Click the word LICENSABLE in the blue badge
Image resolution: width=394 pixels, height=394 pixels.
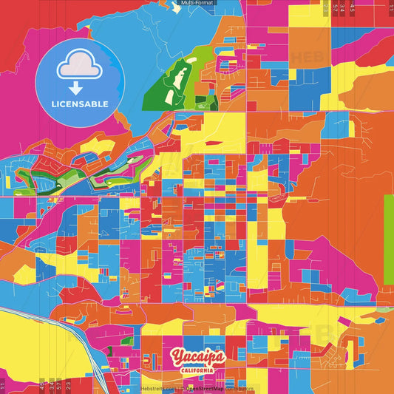(x=80, y=104)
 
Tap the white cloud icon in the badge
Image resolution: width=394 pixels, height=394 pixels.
(x=80, y=67)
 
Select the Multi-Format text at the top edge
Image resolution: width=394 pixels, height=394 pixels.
(x=197, y=4)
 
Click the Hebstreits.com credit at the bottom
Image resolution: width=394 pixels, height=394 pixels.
(x=158, y=388)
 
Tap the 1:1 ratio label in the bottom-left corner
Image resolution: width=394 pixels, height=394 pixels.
(x=3, y=384)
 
